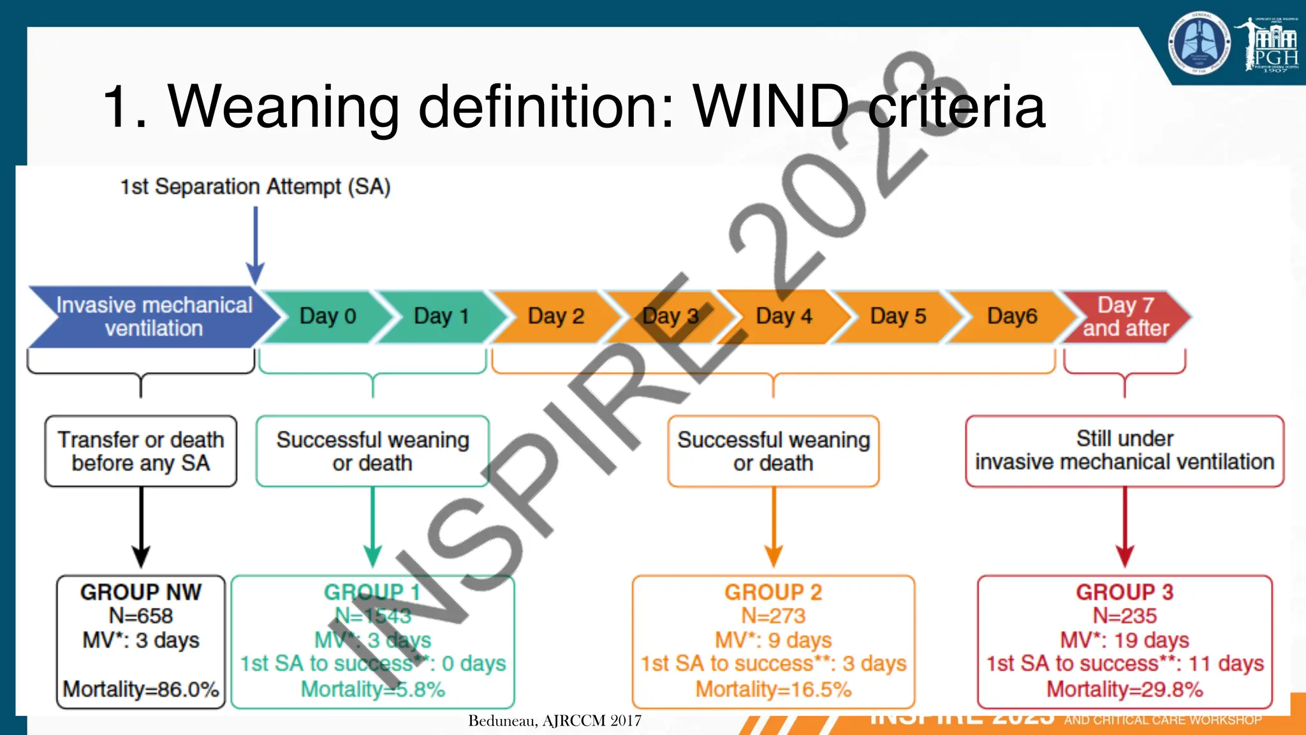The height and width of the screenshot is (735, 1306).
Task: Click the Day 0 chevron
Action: point(327,316)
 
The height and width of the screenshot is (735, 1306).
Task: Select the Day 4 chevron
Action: point(784,316)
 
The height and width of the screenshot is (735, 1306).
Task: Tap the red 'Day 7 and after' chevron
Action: point(1126,316)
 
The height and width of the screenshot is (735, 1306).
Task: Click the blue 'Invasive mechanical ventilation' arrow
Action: point(154,316)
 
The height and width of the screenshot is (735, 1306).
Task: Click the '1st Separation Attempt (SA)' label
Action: point(255,187)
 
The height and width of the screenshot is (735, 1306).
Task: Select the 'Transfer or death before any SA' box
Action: point(141,451)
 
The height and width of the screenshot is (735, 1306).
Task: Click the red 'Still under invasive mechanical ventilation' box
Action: point(1124,450)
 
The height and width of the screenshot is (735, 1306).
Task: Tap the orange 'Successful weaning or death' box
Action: point(773,451)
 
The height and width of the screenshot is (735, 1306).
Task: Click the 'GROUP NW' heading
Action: point(141,592)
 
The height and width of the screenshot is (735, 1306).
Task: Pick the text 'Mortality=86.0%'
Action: point(141,689)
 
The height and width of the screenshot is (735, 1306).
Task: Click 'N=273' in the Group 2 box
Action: point(773,616)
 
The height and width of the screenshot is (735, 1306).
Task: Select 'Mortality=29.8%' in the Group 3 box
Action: point(1124,689)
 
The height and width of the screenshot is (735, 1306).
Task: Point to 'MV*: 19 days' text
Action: point(1124,640)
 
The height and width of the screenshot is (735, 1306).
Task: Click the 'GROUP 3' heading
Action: point(1124,592)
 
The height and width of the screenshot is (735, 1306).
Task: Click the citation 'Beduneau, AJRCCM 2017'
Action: point(555,721)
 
